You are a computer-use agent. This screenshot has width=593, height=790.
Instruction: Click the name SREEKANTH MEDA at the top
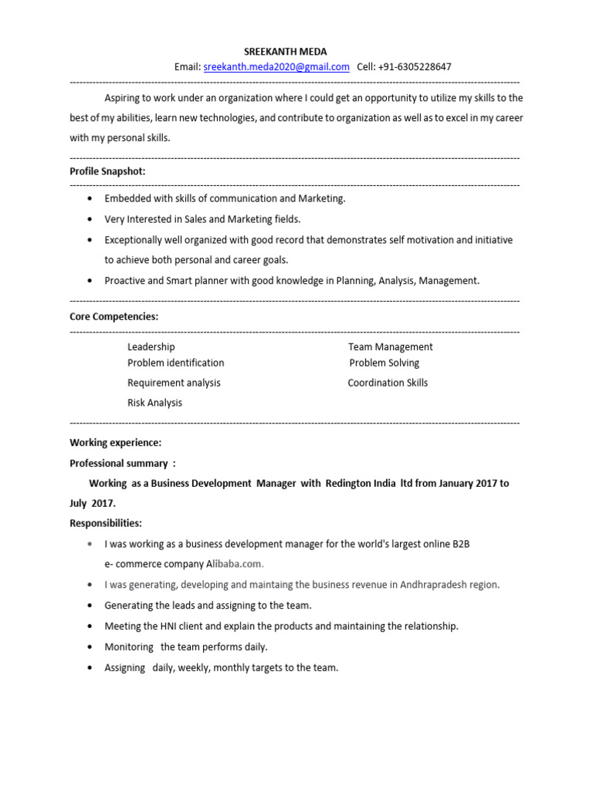pos(285,52)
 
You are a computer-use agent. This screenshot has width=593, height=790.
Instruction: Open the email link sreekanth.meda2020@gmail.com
pos(276,67)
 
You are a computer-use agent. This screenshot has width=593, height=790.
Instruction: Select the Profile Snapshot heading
pos(107,171)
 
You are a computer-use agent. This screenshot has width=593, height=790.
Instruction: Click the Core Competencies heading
pos(114,316)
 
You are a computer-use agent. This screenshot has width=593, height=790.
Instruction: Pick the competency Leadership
pos(151,347)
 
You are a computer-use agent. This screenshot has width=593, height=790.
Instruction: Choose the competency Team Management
pos(390,347)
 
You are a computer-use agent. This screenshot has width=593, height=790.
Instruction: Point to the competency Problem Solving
pos(385,363)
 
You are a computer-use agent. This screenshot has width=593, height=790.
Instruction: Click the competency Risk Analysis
pos(155,403)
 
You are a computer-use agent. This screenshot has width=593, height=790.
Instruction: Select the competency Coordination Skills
pos(388,383)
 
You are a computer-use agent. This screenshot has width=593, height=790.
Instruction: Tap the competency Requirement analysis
pos(174,383)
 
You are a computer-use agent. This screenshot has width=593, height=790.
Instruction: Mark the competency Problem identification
pos(176,363)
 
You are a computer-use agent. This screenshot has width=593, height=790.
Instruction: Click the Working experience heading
pos(116,443)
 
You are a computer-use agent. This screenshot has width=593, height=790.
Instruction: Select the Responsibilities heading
pos(106,523)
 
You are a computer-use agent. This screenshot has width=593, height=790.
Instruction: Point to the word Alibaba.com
pos(232,565)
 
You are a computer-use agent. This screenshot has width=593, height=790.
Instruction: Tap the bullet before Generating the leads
pos(91,606)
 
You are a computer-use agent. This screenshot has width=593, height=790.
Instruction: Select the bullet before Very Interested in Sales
pos(91,220)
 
